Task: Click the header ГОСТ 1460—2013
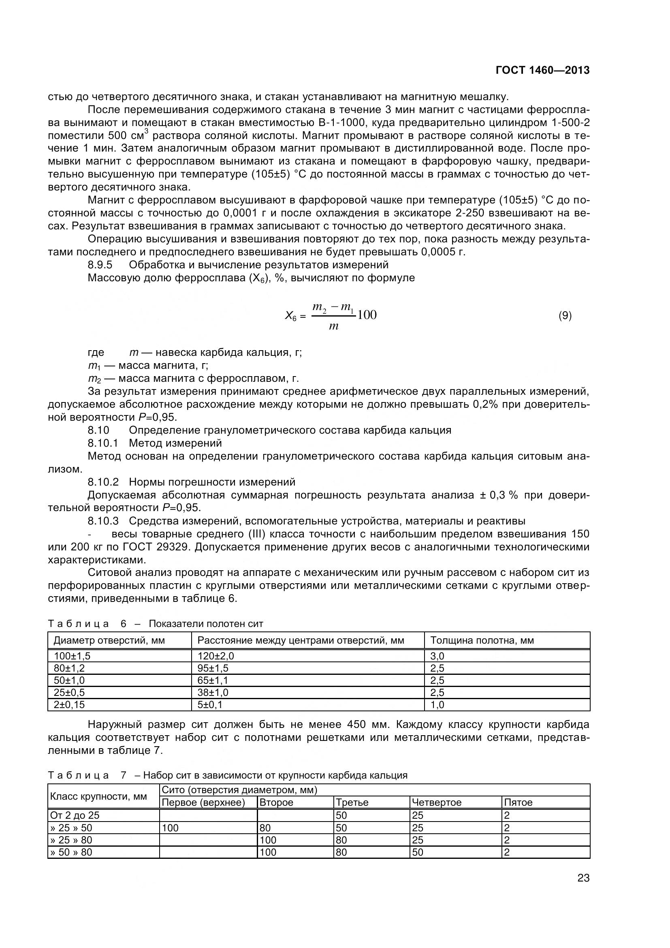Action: coord(542,71)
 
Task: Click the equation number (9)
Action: coord(565,316)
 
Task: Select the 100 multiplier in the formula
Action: coord(367,315)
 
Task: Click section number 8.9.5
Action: coord(100,265)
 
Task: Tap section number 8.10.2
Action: coord(103,482)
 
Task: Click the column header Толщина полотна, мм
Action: coord(482,640)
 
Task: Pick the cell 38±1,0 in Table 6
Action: coord(213,692)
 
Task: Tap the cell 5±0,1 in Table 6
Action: coord(209,704)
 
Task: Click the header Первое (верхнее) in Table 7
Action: coord(203,802)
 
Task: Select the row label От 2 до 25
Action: coord(75,815)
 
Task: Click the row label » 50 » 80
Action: coord(71,852)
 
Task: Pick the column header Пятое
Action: coord(518,802)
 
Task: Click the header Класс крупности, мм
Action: coord(98,796)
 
